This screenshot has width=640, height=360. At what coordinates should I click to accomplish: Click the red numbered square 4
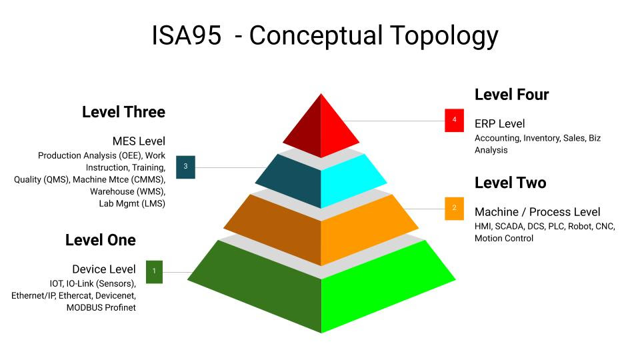[454, 121]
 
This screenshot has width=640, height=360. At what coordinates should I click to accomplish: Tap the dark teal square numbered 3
[186, 167]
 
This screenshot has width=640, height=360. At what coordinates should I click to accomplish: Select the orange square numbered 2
[454, 209]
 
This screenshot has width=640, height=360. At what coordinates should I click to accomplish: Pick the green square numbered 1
[154, 272]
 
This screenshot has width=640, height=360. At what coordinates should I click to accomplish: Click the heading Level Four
[511, 95]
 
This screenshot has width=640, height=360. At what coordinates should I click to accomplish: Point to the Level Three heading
[124, 112]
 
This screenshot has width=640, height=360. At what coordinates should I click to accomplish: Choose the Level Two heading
[510, 183]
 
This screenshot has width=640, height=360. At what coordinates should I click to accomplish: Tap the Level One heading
[101, 240]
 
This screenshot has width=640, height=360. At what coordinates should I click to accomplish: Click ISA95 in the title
[187, 35]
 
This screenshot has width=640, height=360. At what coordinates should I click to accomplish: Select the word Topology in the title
[444, 37]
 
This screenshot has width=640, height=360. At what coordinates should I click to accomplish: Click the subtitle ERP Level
[499, 124]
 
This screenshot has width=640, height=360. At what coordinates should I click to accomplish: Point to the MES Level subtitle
[139, 141]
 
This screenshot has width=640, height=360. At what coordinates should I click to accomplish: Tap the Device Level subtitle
[104, 269]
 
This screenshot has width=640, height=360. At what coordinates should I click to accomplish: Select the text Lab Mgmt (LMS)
[132, 204]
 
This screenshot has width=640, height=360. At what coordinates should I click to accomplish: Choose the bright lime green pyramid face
[379, 286]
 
